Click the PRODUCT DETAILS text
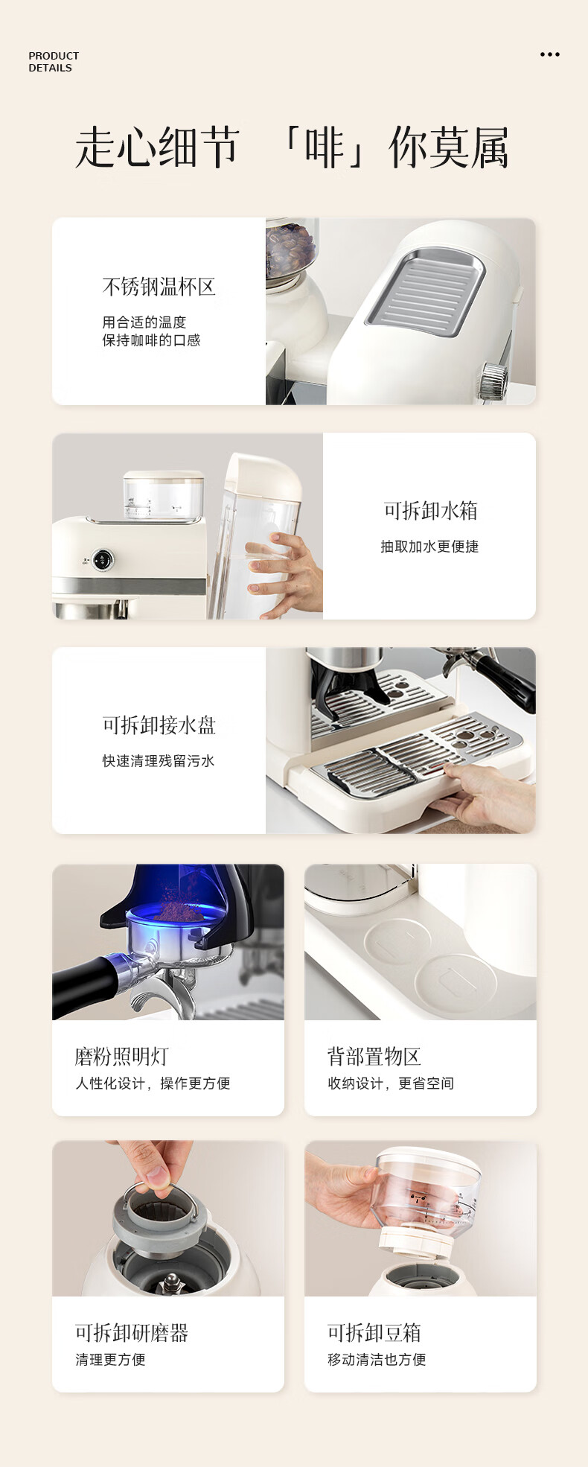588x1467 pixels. (x=54, y=62)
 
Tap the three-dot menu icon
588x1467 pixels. (x=550, y=54)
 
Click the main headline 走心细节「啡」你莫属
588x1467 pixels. (x=292, y=147)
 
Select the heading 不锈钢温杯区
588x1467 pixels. (x=159, y=287)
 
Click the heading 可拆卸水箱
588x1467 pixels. (x=430, y=510)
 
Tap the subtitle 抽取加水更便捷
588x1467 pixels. (x=429, y=546)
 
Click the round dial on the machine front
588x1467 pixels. (x=103, y=560)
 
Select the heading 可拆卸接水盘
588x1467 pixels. (x=159, y=725)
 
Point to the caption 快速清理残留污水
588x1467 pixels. (x=159, y=760)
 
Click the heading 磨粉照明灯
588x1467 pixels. (x=121, y=1056)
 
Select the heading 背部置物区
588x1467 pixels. (x=374, y=1056)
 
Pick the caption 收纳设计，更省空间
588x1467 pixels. (x=391, y=1083)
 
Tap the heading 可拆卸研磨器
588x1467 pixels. (x=132, y=1332)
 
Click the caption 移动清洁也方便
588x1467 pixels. (x=377, y=1359)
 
